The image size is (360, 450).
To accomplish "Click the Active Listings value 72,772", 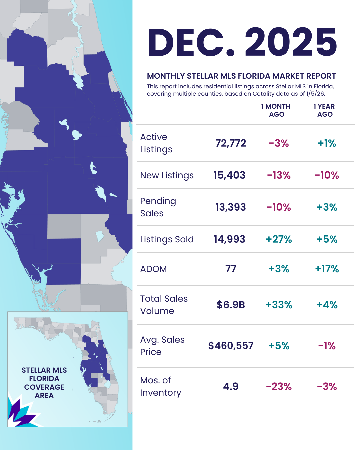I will pos(231,143).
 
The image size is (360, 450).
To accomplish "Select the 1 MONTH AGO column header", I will pos(276,110).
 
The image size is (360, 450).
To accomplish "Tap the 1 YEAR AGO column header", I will pos(324,110).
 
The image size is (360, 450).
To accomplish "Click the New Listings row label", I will pos(167,175).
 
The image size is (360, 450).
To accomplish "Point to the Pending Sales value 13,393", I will pos(231,207).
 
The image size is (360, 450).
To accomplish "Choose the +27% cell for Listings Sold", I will pos(279,239).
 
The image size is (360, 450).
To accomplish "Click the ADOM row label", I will pos(153,269).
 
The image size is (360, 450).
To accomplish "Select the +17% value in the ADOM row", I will pos(327,269).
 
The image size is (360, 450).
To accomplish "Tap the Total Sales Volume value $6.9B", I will pos(231,305).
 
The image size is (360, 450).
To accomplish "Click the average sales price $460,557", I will pos(231,346).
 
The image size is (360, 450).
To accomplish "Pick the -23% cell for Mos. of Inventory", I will pos(279,387).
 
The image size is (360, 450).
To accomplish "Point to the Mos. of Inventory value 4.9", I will pos(231,387).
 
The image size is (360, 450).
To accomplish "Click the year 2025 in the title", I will pos(291,43).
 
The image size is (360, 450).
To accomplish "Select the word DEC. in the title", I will pos(192,43).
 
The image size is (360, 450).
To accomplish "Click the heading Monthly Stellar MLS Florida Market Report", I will pos(241,76).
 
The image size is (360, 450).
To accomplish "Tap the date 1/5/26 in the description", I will pos(315,94).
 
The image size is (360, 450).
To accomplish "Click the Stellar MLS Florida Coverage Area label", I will pos(44,383).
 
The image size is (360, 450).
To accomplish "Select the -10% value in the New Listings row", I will pos(327,175).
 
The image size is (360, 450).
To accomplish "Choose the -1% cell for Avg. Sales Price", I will pos(327,346).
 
